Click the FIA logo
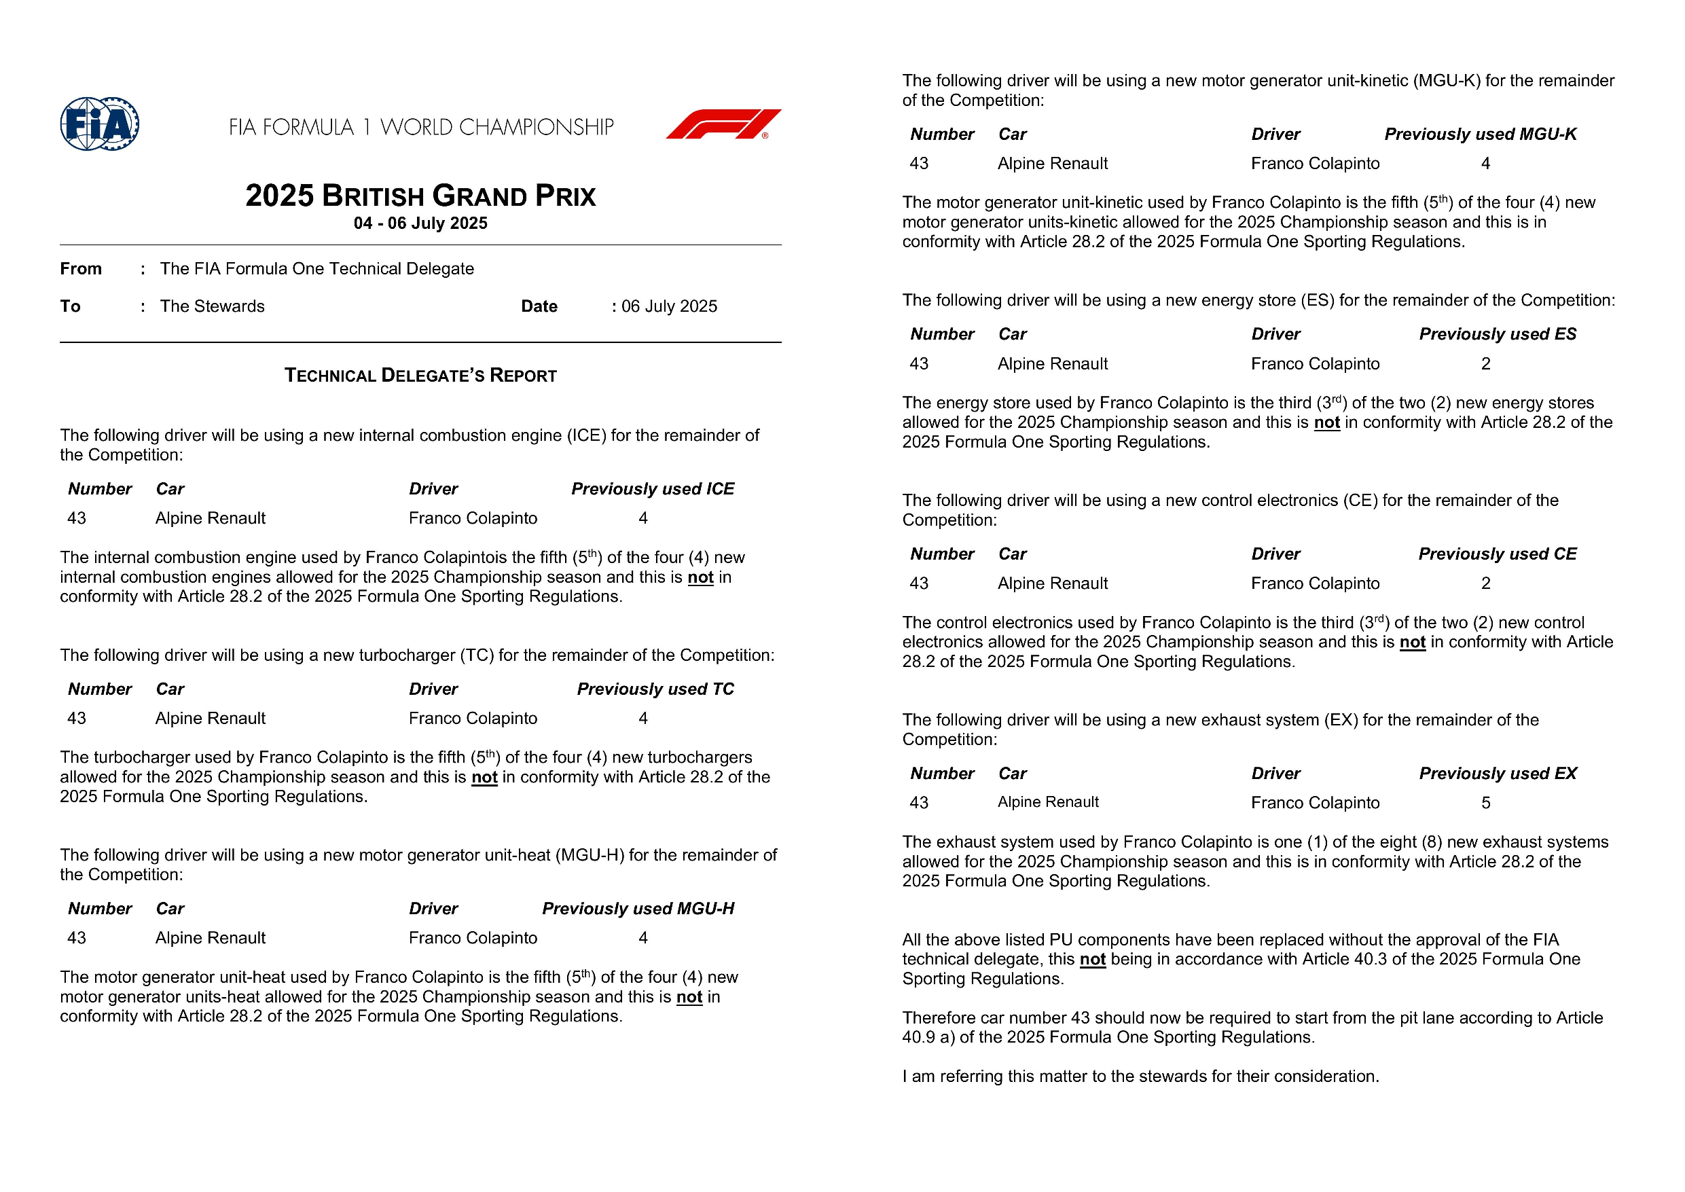click(100, 124)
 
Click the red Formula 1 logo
click(723, 124)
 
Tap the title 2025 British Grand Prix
click(420, 196)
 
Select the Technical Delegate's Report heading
click(420, 376)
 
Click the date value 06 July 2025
click(668, 307)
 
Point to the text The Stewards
click(212, 307)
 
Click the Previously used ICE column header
click(653, 489)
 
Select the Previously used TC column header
click(655, 689)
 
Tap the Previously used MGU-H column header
click(638, 909)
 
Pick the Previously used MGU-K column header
click(1481, 134)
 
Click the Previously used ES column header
click(1497, 335)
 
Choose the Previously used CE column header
click(1497, 554)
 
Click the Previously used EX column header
click(1497, 774)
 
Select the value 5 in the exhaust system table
click(1485, 803)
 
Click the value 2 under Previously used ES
click(1485, 364)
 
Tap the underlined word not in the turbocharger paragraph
click(484, 777)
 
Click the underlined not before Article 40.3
click(1092, 959)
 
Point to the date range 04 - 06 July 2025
click(420, 223)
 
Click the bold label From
click(81, 269)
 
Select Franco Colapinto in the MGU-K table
click(1315, 164)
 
